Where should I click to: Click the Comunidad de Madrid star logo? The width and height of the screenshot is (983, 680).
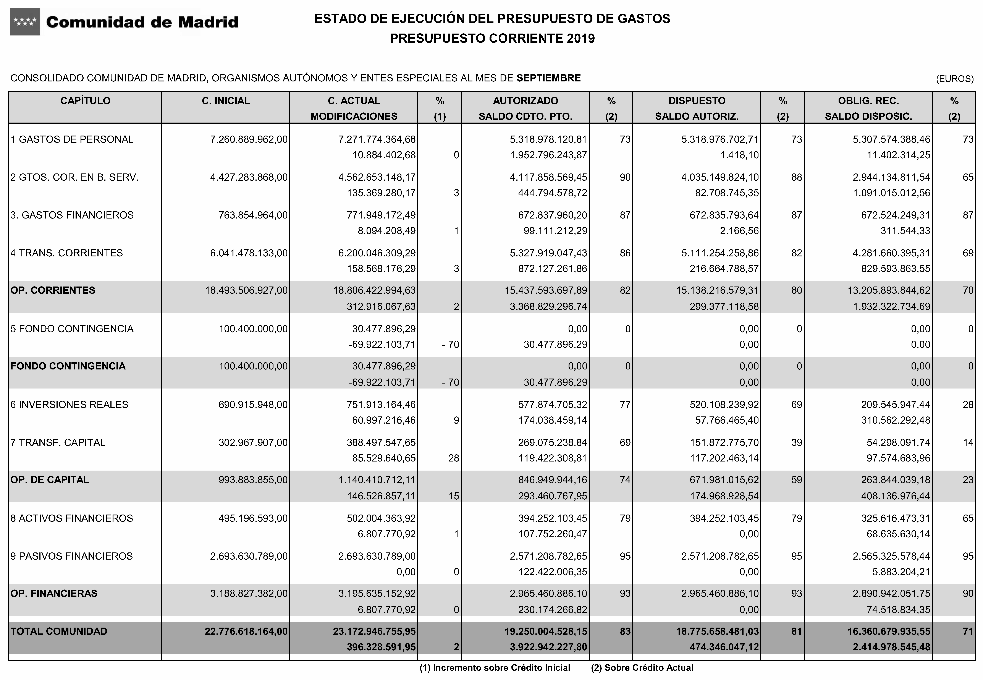click(25, 22)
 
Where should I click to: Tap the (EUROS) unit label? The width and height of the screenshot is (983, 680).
click(954, 79)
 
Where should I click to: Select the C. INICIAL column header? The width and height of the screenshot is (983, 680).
click(226, 101)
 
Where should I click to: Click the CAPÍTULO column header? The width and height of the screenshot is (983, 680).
click(85, 101)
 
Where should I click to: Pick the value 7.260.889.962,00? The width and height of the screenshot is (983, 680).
click(249, 139)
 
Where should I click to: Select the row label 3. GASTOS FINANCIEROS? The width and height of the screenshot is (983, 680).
click(72, 215)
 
